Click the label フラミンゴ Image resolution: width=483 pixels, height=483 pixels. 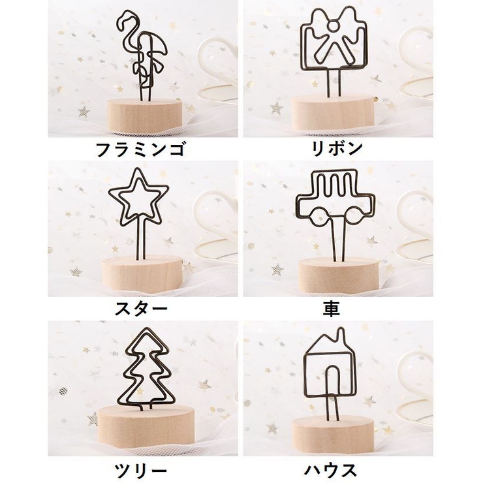[x=140, y=149]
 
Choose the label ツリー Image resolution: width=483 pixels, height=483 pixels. [x=140, y=469]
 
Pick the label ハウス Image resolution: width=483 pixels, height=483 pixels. [x=332, y=469]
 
